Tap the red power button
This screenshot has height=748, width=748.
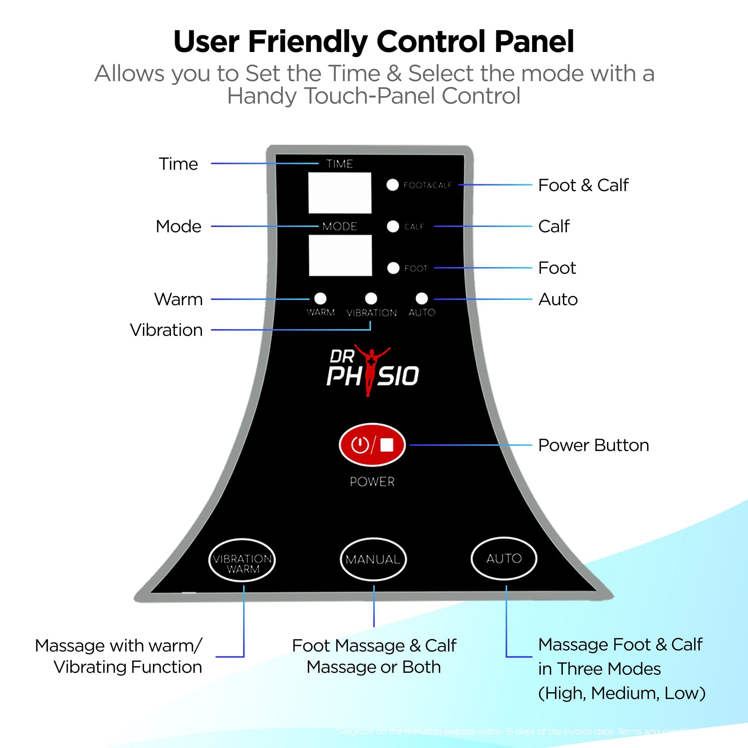point(372,445)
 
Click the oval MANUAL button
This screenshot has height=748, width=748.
point(373,559)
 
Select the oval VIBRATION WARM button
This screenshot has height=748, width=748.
point(242,560)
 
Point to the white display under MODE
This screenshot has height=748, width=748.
point(340,255)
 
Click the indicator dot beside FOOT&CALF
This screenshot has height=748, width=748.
point(393,185)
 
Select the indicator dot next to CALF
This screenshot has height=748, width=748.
point(393,227)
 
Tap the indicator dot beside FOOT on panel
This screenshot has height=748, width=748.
point(393,268)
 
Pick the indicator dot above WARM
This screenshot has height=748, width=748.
point(320,298)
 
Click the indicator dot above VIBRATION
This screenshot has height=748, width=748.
point(371,298)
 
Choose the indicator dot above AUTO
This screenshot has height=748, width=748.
point(421,298)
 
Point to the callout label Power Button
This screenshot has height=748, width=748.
point(593,445)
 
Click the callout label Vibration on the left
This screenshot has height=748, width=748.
point(166,330)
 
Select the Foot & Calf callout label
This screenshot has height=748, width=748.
point(583,185)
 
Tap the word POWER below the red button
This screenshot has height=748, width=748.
point(372,482)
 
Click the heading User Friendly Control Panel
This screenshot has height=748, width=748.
point(374,42)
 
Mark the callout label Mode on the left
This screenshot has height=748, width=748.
point(178,227)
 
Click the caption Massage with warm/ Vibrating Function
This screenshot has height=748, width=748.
point(119,656)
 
